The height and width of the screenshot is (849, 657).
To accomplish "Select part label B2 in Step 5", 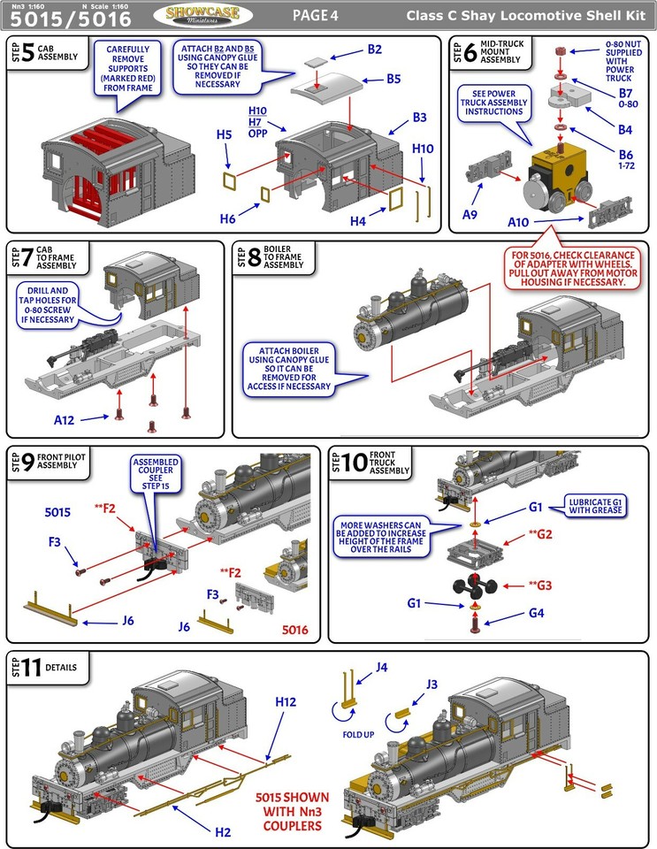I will tap(374, 49).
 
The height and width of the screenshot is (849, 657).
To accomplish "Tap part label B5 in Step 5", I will tap(395, 80).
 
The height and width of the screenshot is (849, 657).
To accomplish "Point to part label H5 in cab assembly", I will tap(225, 135).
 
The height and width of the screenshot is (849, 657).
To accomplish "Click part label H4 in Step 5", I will tap(357, 220).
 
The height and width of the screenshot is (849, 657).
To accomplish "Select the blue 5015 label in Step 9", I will tap(58, 512).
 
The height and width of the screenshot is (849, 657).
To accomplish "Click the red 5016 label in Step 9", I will tap(296, 631).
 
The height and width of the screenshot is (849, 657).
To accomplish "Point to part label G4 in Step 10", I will tap(537, 612).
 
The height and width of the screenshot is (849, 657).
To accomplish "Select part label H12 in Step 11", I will tap(285, 701).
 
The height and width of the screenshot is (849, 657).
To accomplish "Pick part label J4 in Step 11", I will tap(382, 668).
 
